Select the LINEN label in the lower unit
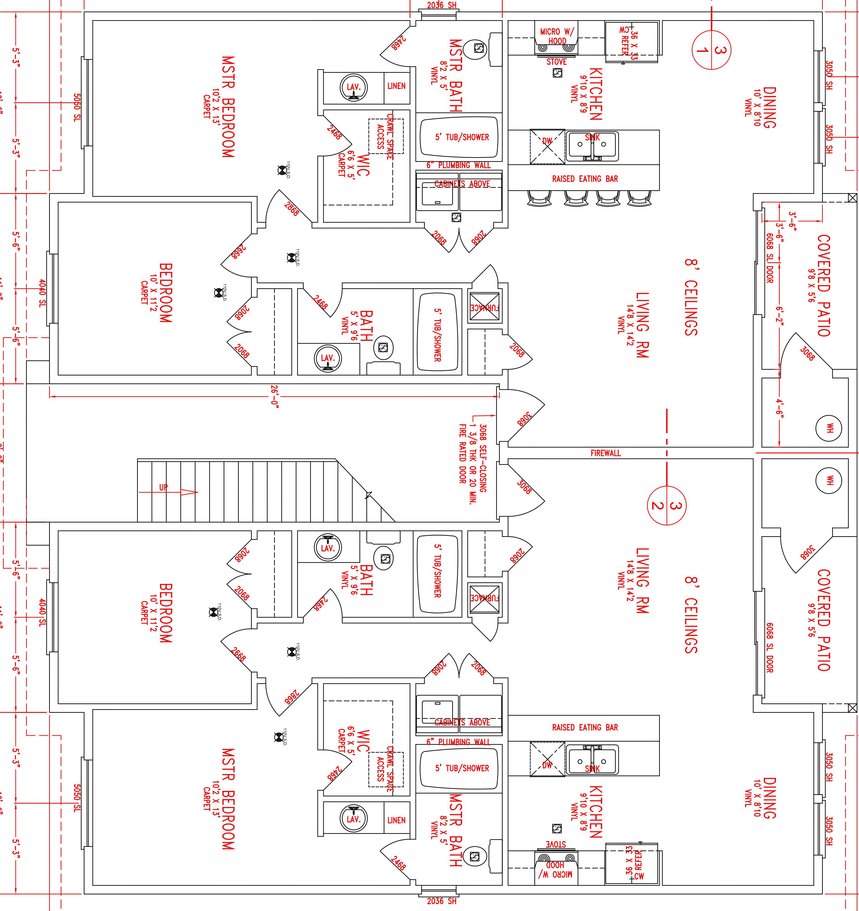(x=396, y=820)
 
